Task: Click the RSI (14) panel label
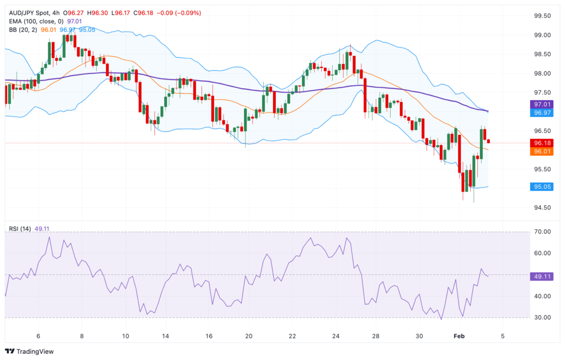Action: coord(20,229)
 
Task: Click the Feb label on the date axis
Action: coord(459,336)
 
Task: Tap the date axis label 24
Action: coord(337,336)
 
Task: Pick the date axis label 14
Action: coord(165,336)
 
